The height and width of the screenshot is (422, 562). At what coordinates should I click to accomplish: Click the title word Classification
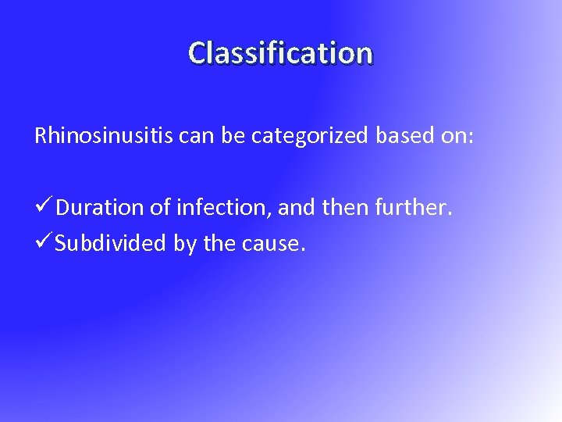[281, 53]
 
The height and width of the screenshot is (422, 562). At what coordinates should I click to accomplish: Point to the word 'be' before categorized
[229, 137]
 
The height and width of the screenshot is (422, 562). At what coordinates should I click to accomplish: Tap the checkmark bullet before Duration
[44, 207]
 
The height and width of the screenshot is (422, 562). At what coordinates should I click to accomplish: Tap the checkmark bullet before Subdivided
[44, 243]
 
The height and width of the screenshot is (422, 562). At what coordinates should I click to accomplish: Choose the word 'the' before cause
[219, 244]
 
